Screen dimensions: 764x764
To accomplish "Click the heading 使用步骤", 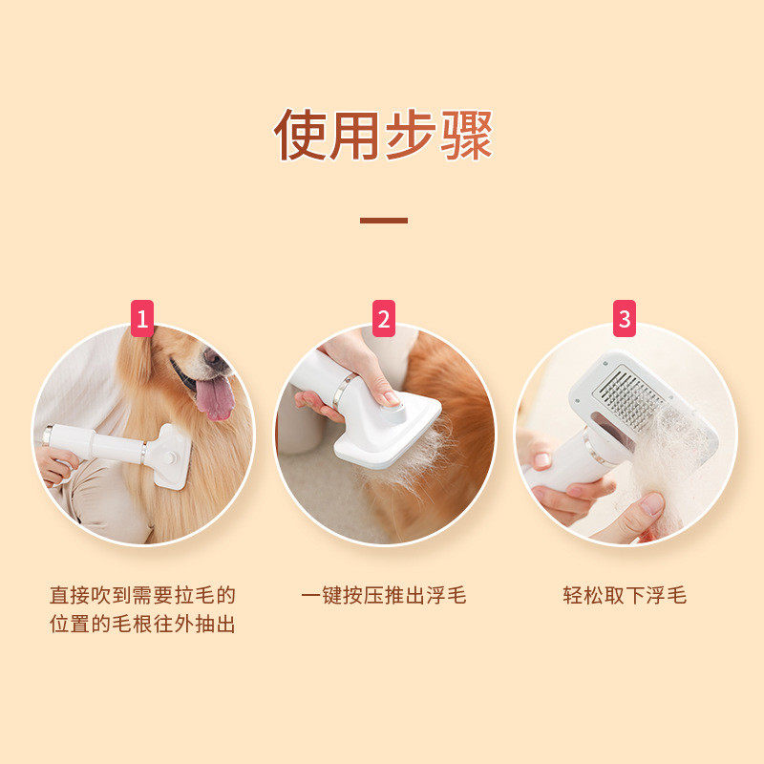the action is pos(383,135).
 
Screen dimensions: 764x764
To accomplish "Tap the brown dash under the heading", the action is pos(384,221).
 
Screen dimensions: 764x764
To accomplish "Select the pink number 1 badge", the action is pos(142,318).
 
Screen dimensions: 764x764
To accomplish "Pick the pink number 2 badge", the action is pos(384,318).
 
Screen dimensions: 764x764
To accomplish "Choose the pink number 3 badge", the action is pos(625,318).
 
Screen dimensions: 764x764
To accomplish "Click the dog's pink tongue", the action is pos(214,397).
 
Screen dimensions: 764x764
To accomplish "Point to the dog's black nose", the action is pos(213,357).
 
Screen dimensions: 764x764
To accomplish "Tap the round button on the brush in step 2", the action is pos(393,413).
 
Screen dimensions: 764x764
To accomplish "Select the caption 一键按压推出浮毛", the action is pos(384,595).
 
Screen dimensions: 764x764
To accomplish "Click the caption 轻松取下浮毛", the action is pos(625,595).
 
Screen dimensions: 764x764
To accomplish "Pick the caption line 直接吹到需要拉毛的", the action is pos(142,595).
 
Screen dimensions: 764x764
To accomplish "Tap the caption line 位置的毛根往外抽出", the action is pos(142,624).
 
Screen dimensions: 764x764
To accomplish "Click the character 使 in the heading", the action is pos(300,135).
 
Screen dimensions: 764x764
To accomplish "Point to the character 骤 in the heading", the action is pos(466,135).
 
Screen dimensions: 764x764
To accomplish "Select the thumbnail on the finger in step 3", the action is pos(652,504).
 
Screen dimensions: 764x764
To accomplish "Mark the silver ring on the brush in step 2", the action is pos(342,391).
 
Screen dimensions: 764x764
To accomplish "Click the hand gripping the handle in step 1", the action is pos(56,465).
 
